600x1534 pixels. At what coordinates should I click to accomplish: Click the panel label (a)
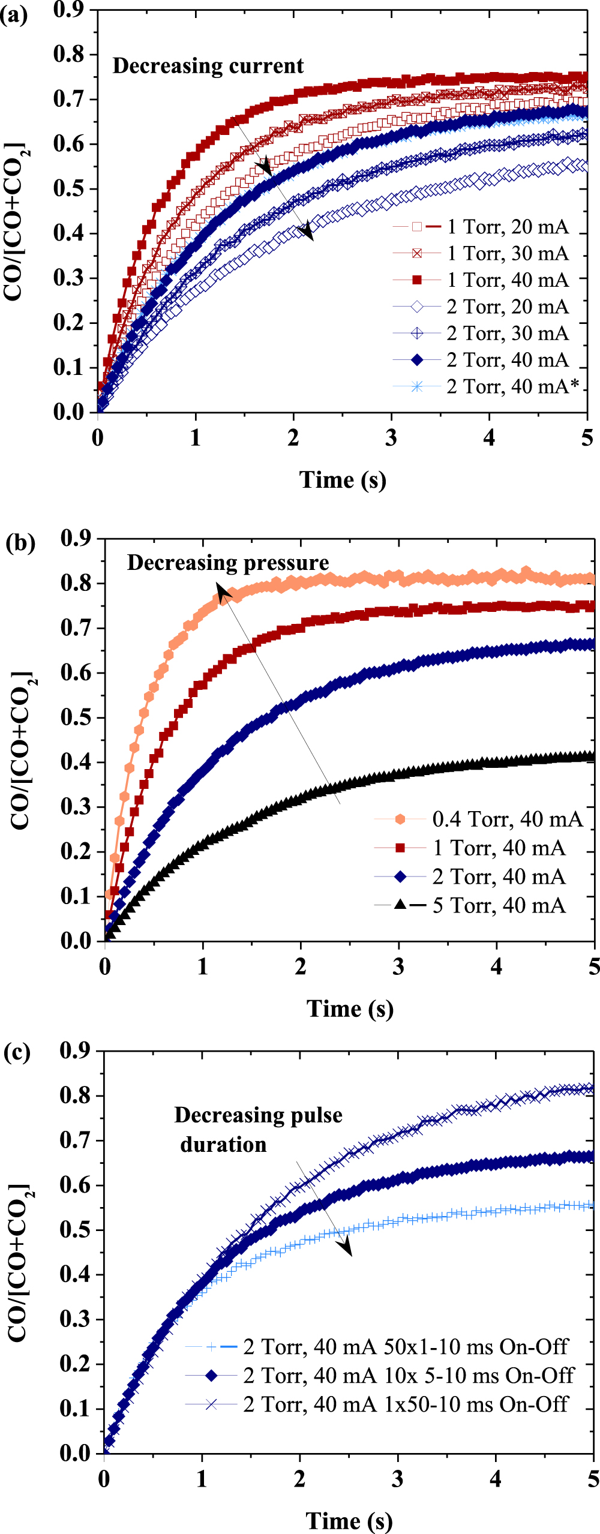[14, 14]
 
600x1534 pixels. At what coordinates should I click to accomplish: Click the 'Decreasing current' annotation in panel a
[208, 66]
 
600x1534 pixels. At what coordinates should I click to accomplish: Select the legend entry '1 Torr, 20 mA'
[508, 227]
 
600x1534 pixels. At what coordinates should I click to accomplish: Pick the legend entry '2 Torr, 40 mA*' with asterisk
[513, 387]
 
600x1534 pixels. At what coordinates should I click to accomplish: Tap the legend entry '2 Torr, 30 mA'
[508, 334]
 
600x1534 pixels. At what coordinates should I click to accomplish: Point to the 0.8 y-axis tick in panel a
[68, 54]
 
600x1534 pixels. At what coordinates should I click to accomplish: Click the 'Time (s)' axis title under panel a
[343, 480]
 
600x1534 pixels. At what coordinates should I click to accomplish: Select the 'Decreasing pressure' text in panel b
[228, 563]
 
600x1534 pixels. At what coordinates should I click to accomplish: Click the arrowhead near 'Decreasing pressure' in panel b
[223, 593]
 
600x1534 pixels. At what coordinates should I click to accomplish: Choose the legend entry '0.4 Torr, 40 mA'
[507, 819]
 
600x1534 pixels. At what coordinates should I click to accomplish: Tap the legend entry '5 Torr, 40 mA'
[499, 906]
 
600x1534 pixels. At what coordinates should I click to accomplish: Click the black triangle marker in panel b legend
[400, 904]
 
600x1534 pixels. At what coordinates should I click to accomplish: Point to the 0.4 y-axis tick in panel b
[76, 762]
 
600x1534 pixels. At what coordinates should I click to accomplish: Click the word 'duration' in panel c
[223, 1145]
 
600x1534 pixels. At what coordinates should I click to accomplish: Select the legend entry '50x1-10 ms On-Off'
[405, 1347]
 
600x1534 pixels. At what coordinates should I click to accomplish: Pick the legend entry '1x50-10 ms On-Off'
[405, 1404]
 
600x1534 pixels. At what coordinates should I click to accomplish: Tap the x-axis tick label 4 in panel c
[496, 1479]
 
